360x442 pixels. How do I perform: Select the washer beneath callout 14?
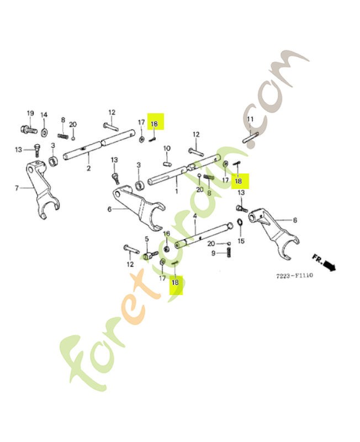click(x=45, y=131)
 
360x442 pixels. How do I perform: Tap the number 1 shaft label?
click(x=176, y=191)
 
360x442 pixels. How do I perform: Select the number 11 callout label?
click(x=250, y=119)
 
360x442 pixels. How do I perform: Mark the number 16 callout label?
click(x=166, y=234)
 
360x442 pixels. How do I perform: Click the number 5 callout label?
click(x=146, y=239)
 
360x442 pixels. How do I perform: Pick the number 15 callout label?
click(x=240, y=241)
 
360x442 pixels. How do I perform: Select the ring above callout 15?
click(x=241, y=223)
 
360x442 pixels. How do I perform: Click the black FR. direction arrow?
click(x=329, y=266)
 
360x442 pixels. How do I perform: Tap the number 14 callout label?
click(x=44, y=115)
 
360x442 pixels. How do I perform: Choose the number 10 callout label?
click(x=167, y=148)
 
